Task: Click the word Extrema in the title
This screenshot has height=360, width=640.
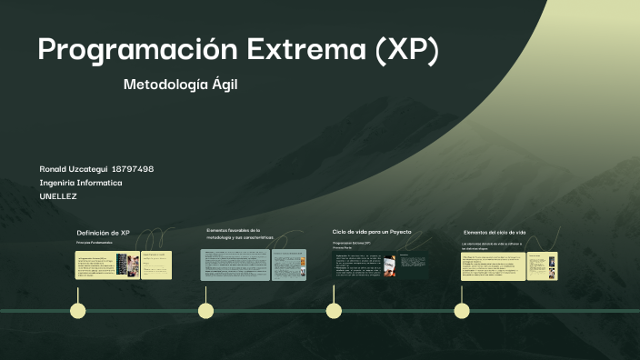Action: click(x=291, y=50)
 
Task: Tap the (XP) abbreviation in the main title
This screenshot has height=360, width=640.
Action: click(x=406, y=50)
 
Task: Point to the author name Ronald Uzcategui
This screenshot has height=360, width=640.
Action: click(x=73, y=169)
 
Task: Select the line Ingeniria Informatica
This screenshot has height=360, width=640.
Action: click(x=81, y=183)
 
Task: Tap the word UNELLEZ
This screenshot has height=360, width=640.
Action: click(x=58, y=196)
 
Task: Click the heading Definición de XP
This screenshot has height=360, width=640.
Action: click(x=103, y=233)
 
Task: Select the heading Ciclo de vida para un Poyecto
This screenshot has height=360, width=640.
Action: click(x=372, y=232)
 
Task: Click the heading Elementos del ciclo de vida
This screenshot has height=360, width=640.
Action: click(x=495, y=233)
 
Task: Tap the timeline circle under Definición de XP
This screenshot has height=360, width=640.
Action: click(x=78, y=311)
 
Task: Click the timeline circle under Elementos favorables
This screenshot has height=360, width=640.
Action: click(x=206, y=311)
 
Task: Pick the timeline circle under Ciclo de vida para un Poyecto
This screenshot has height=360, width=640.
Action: click(x=334, y=311)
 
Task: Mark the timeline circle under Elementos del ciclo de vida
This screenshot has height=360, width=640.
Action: click(x=462, y=311)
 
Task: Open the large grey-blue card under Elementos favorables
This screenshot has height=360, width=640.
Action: click(x=235, y=265)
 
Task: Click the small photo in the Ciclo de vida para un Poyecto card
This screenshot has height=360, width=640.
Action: click(x=388, y=265)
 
